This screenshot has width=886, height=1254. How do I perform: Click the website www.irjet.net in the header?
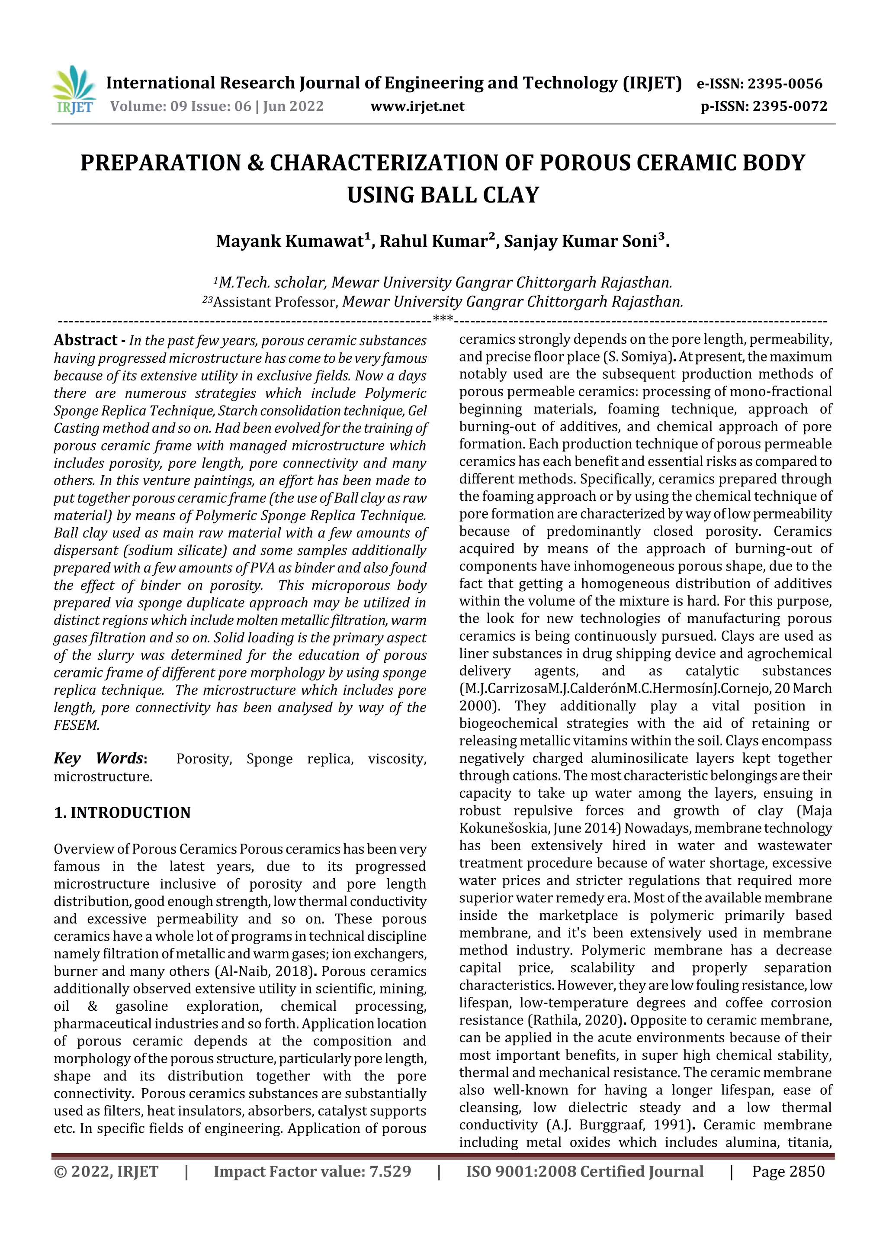click(417, 106)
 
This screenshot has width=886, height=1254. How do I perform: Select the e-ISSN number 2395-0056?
click(784, 84)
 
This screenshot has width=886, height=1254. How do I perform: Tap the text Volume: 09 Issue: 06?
click(180, 106)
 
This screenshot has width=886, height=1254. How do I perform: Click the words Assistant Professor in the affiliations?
click(276, 302)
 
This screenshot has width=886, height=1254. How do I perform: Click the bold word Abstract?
click(85, 340)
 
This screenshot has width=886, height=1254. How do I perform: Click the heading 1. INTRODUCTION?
click(122, 812)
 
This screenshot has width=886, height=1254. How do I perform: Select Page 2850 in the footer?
click(788, 1171)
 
